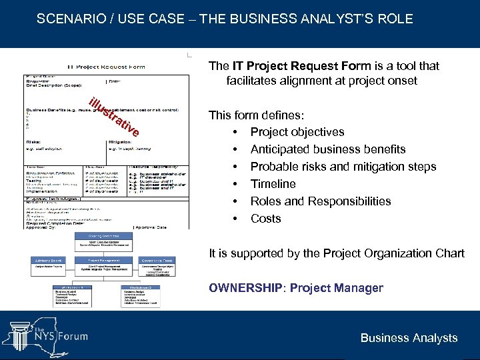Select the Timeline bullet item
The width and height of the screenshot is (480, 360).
click(x=273, y=184)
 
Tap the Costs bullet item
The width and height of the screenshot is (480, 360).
click(x=265, y=219)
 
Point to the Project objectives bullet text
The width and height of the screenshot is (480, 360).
click(x=297, y=132)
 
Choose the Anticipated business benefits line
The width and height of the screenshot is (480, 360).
click(x=327, y=149)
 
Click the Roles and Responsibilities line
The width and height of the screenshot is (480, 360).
click(x=321, y=201)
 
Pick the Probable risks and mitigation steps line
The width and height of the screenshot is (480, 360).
click(x=343, y=167)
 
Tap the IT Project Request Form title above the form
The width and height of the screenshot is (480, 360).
click(x=106, y=67)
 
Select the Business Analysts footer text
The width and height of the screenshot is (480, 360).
click(x=409, y=338)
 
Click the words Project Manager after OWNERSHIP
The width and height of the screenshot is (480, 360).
click(x=337, y=288)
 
